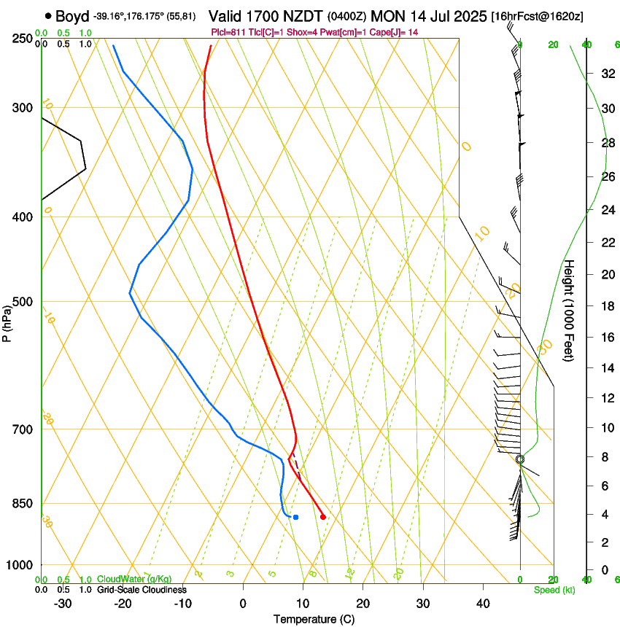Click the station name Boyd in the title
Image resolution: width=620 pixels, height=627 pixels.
click(71, 15)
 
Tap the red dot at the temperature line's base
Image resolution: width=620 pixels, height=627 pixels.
click(323, 517)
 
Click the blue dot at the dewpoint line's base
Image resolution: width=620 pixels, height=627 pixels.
click(295, 517)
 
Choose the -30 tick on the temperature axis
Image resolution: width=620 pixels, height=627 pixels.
click(63, 603)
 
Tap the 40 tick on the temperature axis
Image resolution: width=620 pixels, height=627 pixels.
click(482, 603)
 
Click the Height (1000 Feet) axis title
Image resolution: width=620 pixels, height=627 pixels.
click(570, 310)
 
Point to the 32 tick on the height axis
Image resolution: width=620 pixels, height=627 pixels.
click(607, 74)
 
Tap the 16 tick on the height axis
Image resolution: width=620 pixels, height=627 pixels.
click(607, 338)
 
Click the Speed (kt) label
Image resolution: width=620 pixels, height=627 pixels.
click(554, 590)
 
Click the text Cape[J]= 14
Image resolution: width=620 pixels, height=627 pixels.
click(396, 32)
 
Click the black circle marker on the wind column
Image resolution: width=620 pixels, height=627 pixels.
click(520, 459)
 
